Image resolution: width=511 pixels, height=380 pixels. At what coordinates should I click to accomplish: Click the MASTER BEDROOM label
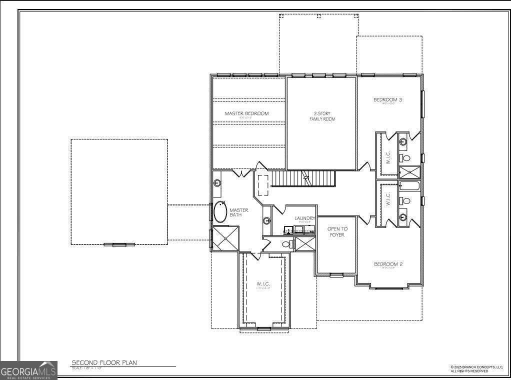pos(246,113)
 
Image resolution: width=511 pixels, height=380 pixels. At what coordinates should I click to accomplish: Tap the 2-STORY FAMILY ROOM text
pos(321,116)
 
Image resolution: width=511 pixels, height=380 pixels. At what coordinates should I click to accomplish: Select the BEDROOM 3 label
pos(388,100)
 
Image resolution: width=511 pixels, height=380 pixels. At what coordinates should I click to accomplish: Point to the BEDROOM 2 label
pos(388,264)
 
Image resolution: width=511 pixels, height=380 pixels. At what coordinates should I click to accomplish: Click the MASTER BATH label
pos(239,212)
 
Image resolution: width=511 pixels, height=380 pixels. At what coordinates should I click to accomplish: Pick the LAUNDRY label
pos(304,218)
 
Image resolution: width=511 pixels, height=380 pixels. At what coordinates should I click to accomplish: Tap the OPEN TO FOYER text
pos(337,231)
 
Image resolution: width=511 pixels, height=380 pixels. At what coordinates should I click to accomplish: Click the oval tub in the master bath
pos(220,212)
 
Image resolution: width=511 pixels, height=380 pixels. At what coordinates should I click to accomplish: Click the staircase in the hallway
pos(303,178)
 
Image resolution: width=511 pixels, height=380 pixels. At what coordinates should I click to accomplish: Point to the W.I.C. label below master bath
pos(263,284)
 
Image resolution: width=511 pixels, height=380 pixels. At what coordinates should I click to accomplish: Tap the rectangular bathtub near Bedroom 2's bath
pos(410,187)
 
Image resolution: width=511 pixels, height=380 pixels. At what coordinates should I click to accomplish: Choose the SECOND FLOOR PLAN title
pos(104,362)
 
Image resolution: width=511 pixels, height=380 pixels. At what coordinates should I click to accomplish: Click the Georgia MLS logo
pos(28,371)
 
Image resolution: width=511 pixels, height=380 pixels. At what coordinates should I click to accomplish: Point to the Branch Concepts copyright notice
pos(476,369)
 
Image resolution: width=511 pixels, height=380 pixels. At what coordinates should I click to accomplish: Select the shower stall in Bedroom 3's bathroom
pos(410,172)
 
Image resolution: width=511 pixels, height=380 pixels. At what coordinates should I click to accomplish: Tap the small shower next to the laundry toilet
pos(304,244)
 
